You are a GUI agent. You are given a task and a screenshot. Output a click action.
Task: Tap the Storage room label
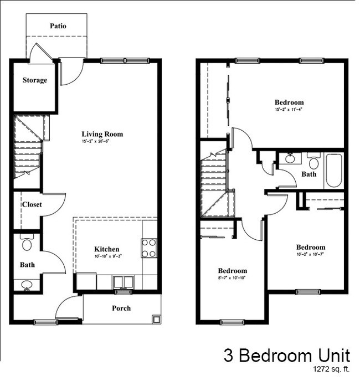34,80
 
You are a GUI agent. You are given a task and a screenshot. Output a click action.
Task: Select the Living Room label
102,134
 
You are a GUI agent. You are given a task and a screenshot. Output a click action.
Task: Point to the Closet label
32,204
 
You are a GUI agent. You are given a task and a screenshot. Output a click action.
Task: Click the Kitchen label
106,249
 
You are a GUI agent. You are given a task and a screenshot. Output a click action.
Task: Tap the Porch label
121,308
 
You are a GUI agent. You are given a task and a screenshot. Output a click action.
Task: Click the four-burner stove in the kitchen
148,248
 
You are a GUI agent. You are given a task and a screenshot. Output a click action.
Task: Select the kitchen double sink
123,282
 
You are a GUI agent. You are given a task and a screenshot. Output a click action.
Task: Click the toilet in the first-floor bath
27,244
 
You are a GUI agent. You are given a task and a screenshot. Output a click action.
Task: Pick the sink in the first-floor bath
26,285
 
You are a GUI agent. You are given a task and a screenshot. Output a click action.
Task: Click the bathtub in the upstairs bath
334,171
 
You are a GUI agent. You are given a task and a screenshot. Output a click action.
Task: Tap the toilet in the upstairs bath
314,163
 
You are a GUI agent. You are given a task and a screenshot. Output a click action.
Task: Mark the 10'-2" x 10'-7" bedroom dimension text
310,255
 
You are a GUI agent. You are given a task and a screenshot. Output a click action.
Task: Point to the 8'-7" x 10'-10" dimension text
232,279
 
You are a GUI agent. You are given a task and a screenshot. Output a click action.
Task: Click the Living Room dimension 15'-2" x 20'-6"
102,142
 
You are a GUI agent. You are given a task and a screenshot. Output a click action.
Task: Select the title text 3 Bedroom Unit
287,355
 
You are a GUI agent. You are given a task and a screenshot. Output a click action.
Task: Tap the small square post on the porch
156,319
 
